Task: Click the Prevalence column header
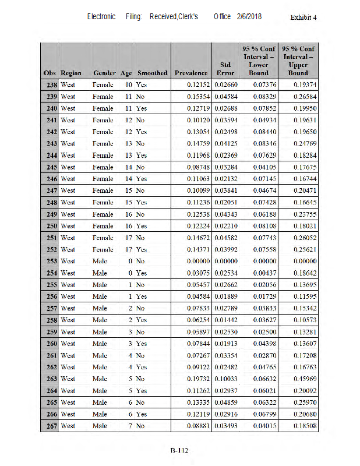pos(191,73)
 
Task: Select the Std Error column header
pos(225,69)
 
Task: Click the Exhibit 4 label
pos(303,17)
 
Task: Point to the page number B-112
pos(179,450)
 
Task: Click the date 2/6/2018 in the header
pos(249,17)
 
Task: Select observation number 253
pos(51,261)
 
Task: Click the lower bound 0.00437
pos(259,273)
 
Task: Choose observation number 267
pos(51,426)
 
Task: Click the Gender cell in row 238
pos(103,84)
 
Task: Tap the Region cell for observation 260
pos(68,344)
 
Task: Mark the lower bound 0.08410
pos(259,132)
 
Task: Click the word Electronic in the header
pos(101,17)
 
